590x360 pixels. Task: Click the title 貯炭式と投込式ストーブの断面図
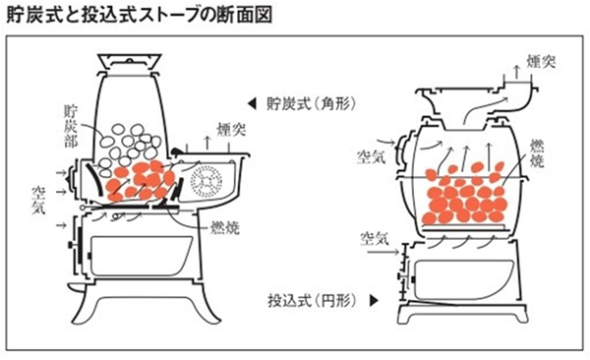(140, 16)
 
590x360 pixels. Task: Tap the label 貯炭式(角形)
(311, 103)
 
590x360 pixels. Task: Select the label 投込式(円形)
(312, 301)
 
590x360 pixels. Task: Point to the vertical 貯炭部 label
(71, 126)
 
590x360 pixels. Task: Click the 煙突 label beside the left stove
(231, 130)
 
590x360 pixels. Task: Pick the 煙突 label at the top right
(541, 61)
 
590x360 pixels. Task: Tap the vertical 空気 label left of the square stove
(38, 200)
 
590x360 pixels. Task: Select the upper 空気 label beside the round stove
(372, 156)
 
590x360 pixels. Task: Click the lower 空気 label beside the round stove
(375, 238)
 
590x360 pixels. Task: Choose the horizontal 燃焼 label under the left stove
(224, 228)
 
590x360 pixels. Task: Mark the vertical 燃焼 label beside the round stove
(537, 153)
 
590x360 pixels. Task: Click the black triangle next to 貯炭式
(252, 104)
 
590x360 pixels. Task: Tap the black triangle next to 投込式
(374, 301)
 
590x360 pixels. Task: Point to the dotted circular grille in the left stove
(206, 182)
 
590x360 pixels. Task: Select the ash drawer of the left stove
(142, 256)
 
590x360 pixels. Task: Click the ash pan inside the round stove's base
(464, 279)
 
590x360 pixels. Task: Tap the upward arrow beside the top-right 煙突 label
(517, 72)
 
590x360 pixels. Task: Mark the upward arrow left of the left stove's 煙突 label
(207, 143)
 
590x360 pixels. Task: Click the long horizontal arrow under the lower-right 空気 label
(383, 252)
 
